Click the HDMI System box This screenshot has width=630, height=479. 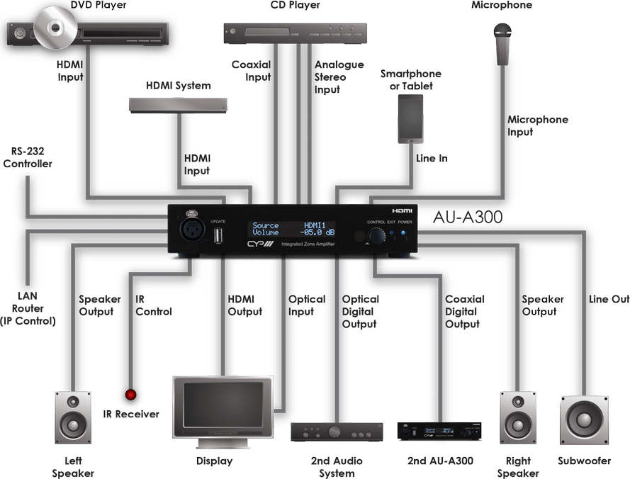[179, 105]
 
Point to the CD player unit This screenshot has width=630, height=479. [296, 31]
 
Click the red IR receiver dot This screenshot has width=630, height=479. [130, 394]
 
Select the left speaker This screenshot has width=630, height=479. [74, 417]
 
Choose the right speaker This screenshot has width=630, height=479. [518, 417]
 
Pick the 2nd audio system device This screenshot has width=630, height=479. [337, 432]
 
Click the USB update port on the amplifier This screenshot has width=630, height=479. [218, 233]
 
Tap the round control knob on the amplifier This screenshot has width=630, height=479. [376, 235]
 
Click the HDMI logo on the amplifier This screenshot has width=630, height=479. [402, 210]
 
